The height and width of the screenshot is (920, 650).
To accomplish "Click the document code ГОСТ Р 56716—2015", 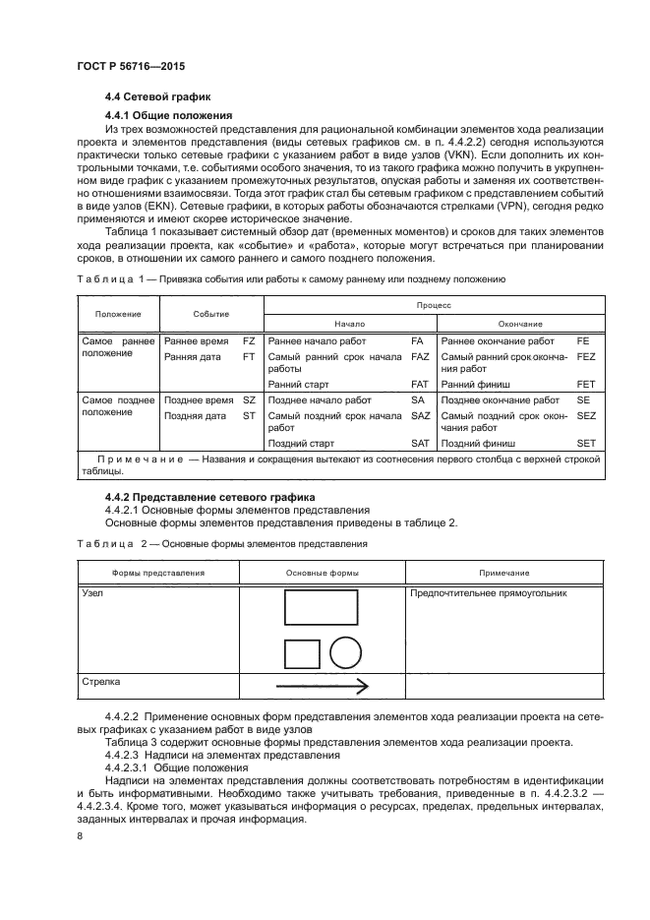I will tap(131, 66).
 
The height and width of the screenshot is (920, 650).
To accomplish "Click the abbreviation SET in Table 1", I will tap(586, 444).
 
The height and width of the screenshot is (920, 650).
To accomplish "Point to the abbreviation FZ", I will tap(249, 339).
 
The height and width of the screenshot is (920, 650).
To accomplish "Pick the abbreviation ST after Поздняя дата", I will tap(249, 416).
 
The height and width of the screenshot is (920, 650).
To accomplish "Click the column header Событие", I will tap(210, 314).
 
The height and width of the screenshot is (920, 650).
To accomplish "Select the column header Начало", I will tap(349, 323).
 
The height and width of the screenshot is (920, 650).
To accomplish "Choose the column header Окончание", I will tap(521, 323).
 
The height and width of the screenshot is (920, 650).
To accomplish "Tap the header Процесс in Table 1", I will tap(435, 306).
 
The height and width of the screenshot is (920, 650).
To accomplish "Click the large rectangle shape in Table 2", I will tap(320, 607).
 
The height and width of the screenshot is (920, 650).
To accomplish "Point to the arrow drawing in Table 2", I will tap(322, 687).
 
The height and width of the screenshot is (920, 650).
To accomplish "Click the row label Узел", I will tap(91, 594).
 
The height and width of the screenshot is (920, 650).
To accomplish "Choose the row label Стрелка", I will tap(100, 680).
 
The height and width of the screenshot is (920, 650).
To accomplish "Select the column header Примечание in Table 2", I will tap(504, 573).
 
